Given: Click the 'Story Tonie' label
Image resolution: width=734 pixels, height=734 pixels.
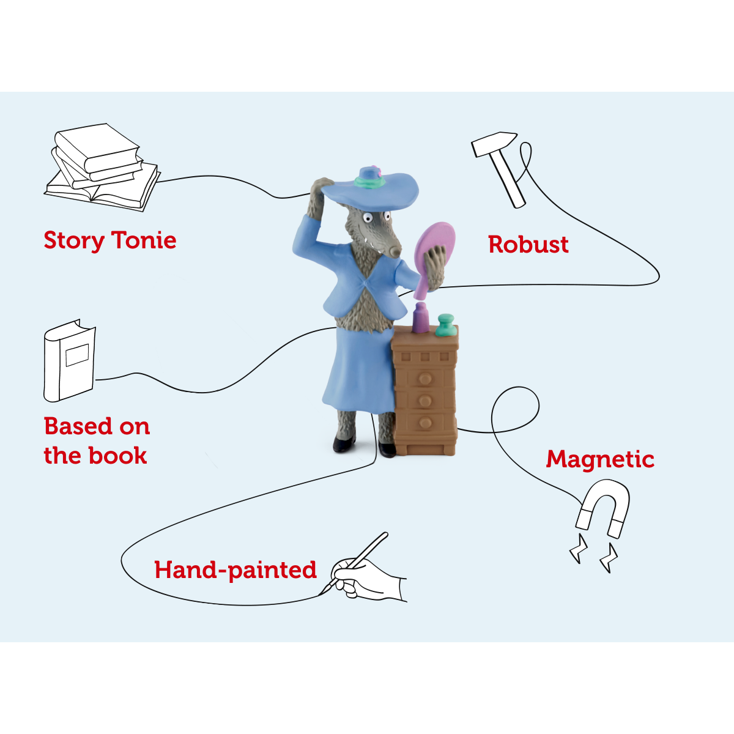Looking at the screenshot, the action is click(110, 241).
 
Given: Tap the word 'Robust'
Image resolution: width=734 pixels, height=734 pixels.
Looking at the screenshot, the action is click(528, 244).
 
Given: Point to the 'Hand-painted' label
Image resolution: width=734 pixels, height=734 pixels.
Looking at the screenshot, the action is click(235, 570).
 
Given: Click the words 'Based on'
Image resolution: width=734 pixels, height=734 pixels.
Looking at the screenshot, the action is click(97, 426).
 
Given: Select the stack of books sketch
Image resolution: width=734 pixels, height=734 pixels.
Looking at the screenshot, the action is click(102, 167).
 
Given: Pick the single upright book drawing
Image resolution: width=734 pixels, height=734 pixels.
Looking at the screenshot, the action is click(69, 361).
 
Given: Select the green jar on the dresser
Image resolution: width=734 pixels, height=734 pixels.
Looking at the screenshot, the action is click(446, 325).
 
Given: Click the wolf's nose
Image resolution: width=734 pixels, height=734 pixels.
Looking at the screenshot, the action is click(395, 252).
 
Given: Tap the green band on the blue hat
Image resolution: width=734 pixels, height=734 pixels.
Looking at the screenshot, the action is click(367, 183).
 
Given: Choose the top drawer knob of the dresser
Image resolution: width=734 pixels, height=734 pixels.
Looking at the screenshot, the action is click(425, 378).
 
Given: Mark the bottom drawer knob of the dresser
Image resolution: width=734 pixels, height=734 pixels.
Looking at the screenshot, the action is click(424, 422).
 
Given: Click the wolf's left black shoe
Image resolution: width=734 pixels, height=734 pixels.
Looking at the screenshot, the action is click(344, 445).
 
